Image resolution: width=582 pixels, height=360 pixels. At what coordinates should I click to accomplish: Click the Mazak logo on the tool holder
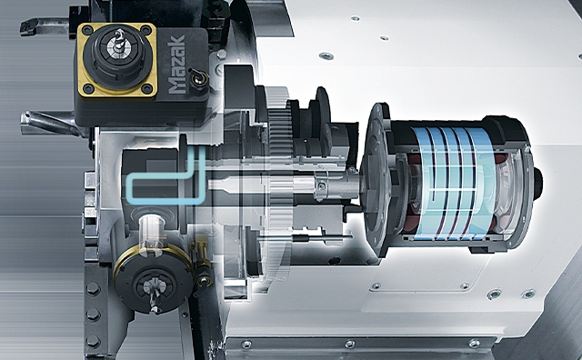[176, 64]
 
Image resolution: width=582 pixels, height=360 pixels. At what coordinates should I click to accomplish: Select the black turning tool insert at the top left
[28, 26]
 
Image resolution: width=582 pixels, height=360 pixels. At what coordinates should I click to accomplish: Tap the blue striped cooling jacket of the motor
[452, 184]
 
